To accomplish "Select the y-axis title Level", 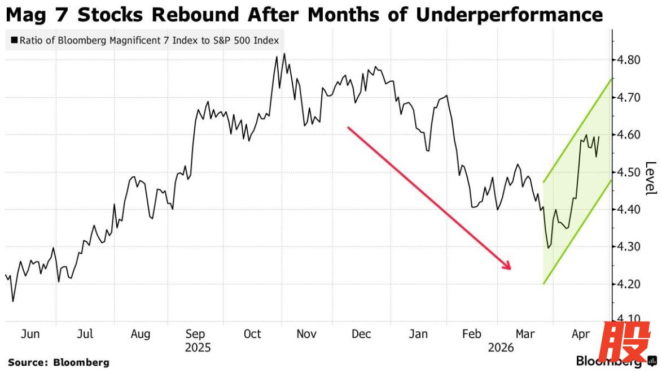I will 651,179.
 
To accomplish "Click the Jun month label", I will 30,334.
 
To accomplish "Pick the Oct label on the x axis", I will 252,334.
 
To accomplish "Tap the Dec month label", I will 361,334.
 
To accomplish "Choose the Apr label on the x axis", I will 581,334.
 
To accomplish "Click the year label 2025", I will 198,348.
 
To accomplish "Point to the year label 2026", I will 501,348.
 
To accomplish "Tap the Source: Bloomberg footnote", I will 59,362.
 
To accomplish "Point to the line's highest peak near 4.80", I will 284,54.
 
